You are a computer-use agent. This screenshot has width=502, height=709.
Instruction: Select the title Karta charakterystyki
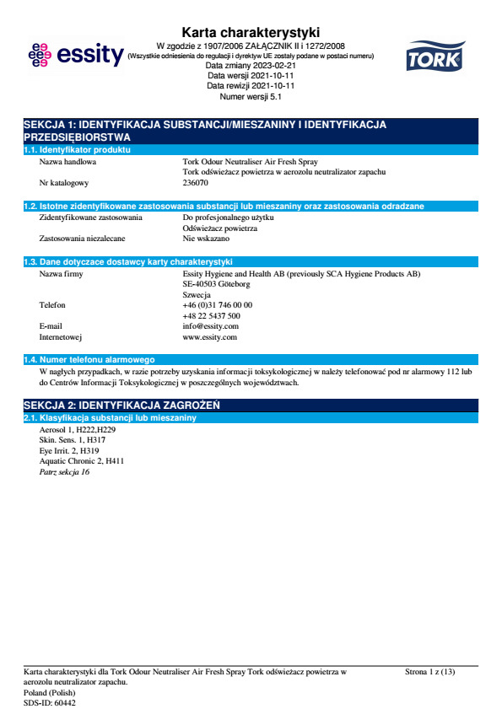[x=251, y=33]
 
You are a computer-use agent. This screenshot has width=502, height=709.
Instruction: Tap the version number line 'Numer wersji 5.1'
[x=251, y=96]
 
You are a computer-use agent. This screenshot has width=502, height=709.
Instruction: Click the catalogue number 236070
[x=195, y=182]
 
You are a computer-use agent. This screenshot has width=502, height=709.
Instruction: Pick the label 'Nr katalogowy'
[x=64, y=182]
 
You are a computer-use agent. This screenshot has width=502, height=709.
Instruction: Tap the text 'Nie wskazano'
[x=206, y=239]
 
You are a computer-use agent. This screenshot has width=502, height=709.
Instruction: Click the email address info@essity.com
[x=210, y=325]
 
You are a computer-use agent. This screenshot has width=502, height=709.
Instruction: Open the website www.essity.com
[x=209, y=336]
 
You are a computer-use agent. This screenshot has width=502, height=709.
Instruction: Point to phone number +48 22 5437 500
[x=211, y=315]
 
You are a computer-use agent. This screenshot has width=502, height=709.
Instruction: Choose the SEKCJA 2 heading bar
[x=251, y=405]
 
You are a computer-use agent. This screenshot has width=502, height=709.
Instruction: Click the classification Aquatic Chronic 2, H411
[x=82, y=461]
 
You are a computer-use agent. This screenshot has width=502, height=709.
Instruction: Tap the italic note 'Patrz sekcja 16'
[x=64, y=472]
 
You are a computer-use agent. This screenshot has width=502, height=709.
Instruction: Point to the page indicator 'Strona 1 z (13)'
[x=429, y=672]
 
